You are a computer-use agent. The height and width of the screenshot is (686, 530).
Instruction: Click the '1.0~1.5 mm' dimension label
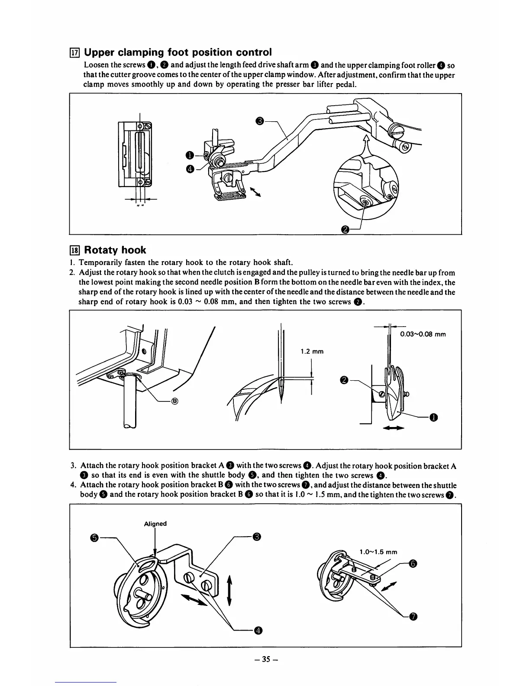378,552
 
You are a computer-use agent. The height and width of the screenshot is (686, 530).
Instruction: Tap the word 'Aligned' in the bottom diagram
155,524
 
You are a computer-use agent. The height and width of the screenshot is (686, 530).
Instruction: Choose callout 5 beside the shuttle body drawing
94,538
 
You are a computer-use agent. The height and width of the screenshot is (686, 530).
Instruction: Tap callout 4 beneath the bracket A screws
258,630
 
